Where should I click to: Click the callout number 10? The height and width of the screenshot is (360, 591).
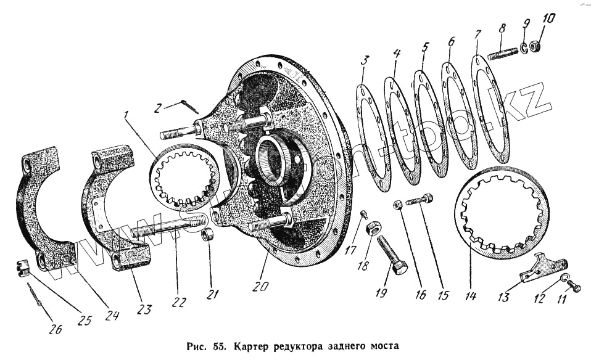click(x=548, y=18)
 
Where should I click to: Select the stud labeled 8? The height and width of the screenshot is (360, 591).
click(x=503, y=54)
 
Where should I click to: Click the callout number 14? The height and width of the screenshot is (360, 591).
click(x=471, y=296)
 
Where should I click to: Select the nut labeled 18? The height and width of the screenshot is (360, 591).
click(x=373, y=229)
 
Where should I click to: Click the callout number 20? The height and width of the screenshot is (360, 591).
click(x=259, y=287)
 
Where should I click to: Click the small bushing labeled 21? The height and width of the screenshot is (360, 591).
click(x=209, y=234)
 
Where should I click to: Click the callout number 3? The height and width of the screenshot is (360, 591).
click(x=365, y=60)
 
